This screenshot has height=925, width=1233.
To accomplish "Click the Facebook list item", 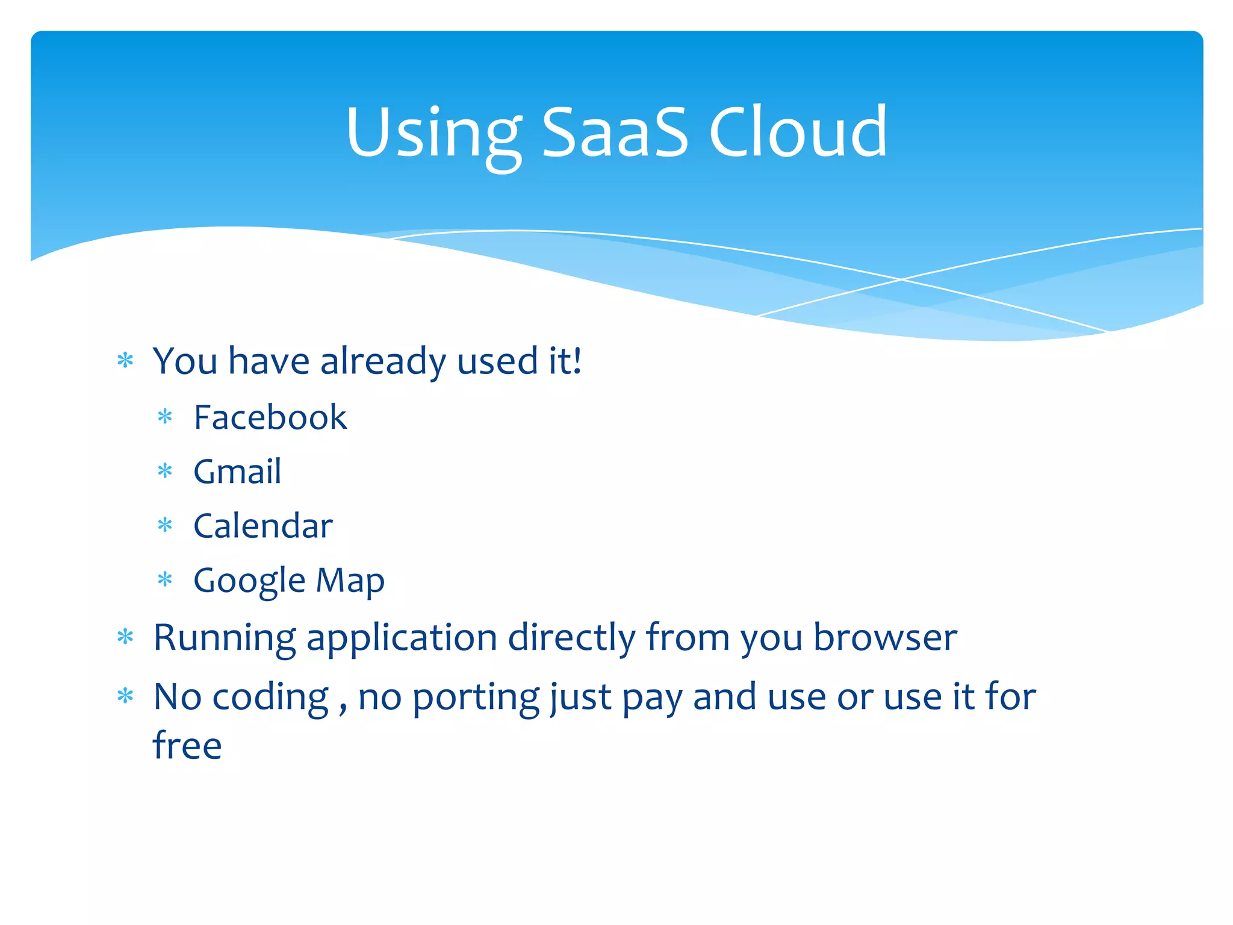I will (270, 417).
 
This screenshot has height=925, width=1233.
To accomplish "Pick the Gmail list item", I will (237, 472).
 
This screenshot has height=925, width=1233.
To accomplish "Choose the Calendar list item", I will (263, 526).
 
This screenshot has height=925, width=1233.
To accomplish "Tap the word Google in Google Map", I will (249, 581).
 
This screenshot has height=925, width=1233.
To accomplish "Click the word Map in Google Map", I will (350, 581).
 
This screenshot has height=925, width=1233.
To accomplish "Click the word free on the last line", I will (187, 746).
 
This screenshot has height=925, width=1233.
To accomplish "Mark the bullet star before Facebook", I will (165, 417).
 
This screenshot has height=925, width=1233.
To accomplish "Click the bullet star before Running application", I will (125, 637).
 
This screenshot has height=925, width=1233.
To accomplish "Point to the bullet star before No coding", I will (125, 696).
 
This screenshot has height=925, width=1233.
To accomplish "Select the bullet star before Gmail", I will (165, 471).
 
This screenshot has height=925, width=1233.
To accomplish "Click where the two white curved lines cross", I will (901, 279).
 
